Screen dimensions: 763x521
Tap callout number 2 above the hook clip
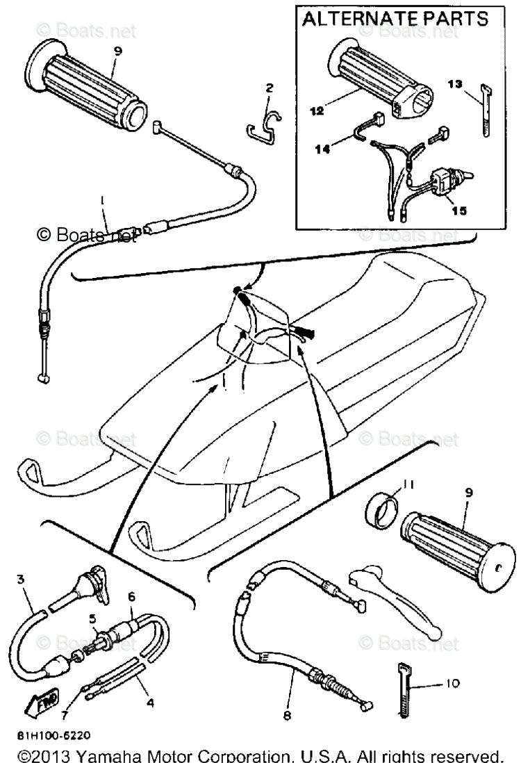pos(270,88)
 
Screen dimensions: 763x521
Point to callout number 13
pos(454,84)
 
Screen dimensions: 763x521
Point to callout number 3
pos(21,580)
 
